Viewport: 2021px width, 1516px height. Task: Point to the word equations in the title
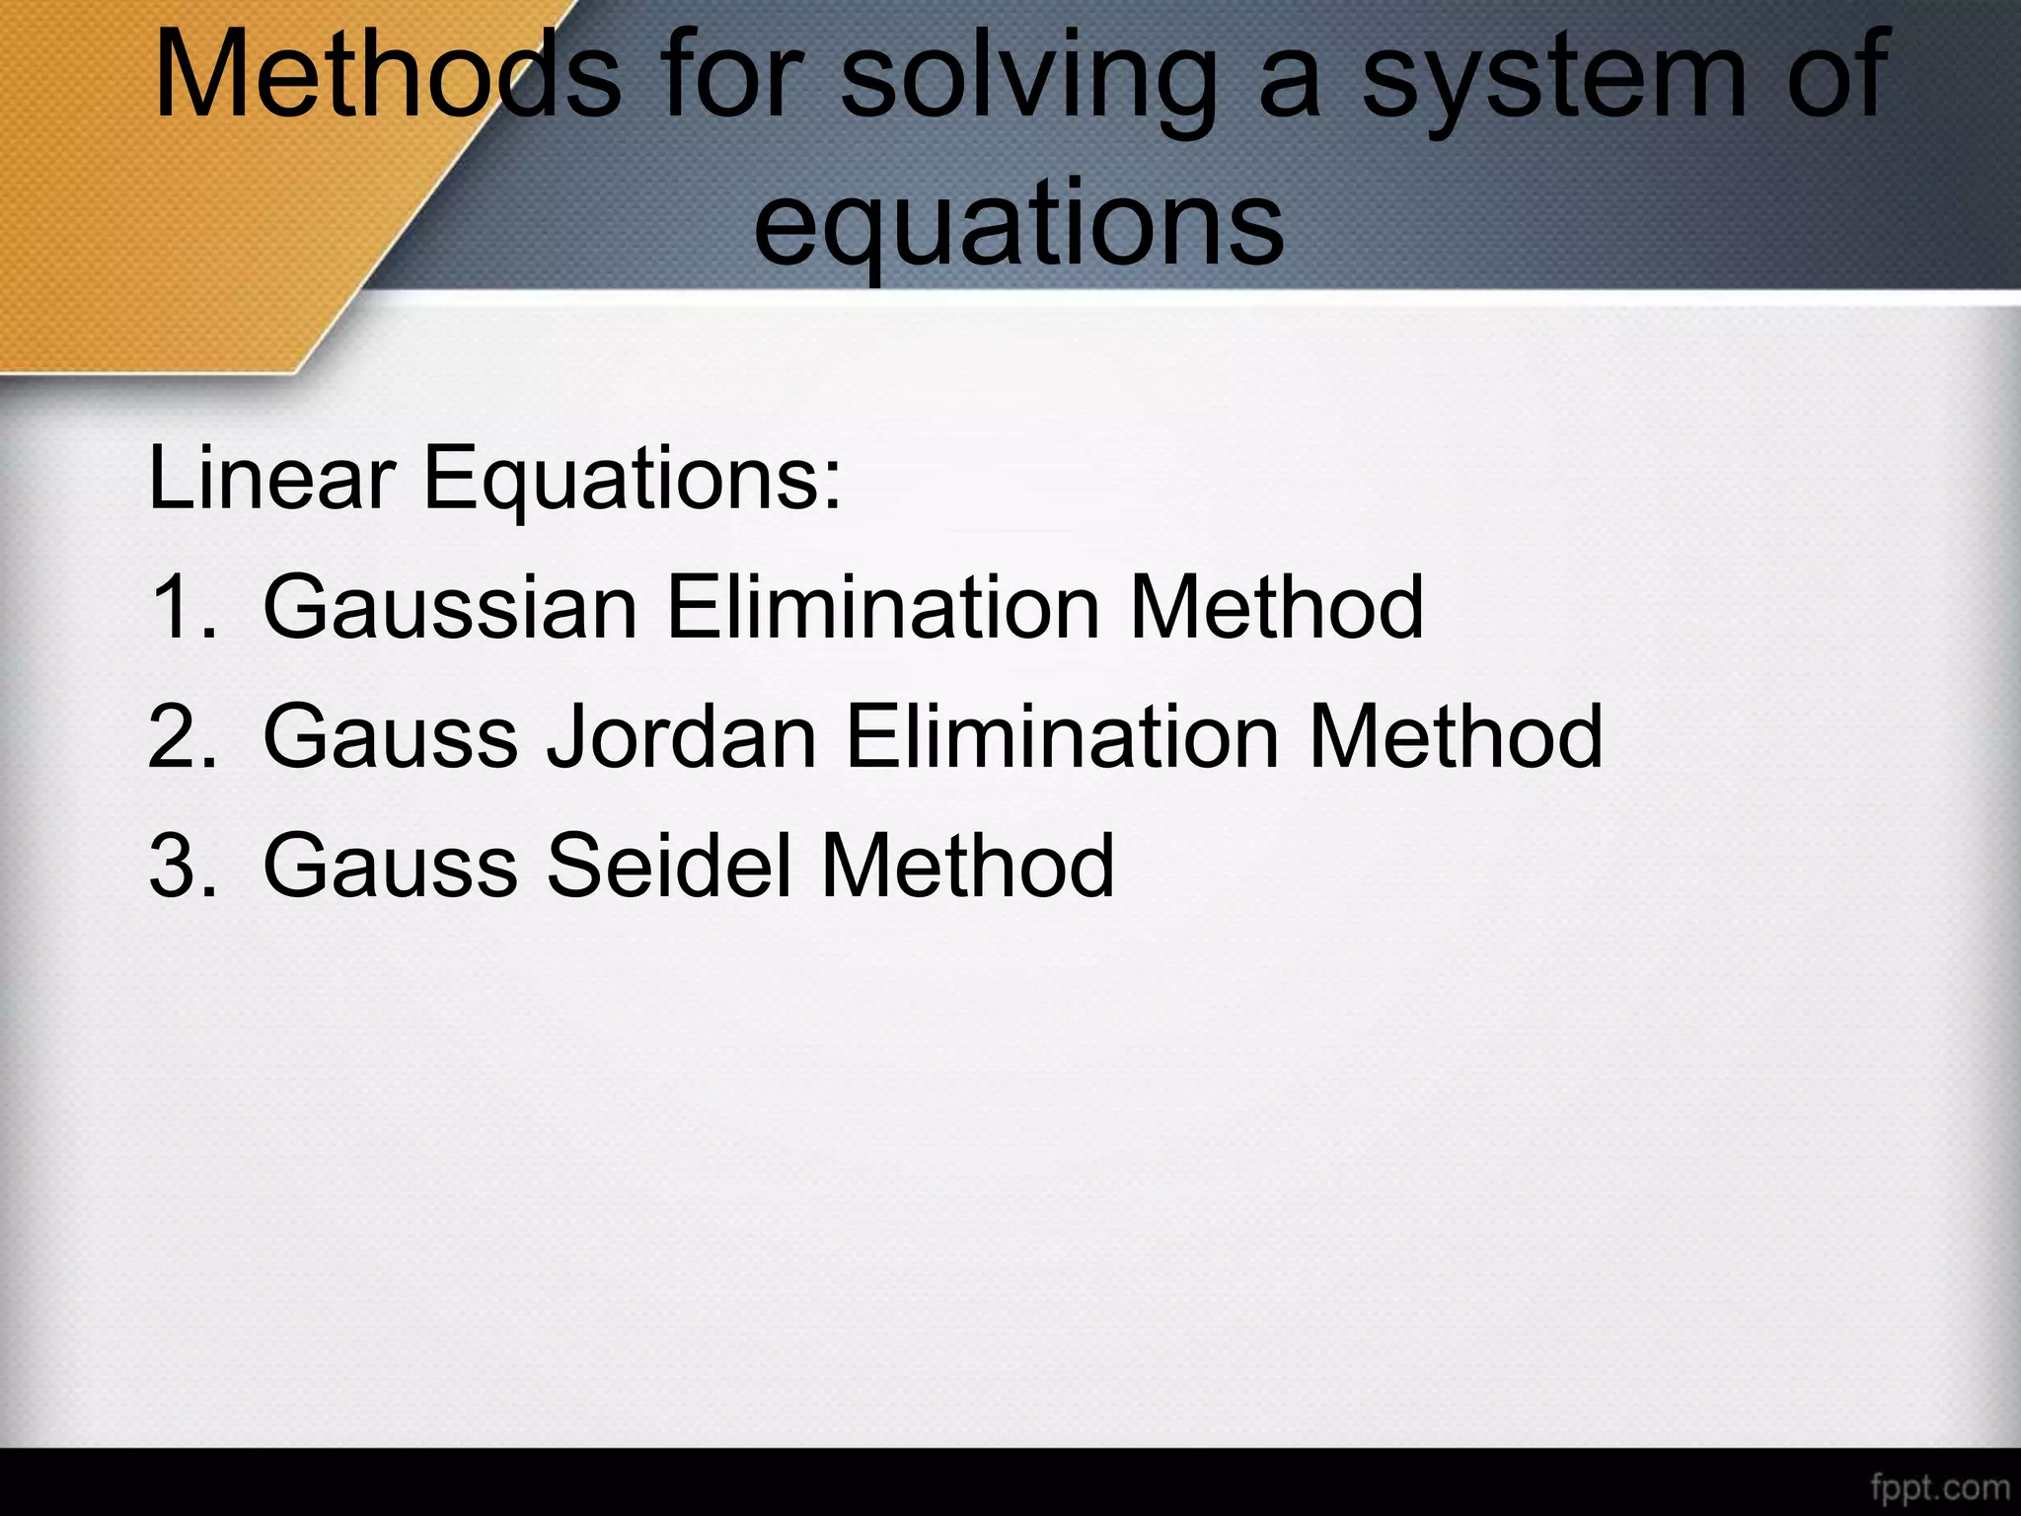tap(1017, 225)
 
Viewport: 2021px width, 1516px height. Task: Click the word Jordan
tap(681, 736)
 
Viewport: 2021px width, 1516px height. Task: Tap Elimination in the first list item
tap(883, 606)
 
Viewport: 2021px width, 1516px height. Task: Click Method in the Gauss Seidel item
tap(967, 865)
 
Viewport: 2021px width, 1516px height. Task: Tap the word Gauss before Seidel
tap(390, 865)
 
